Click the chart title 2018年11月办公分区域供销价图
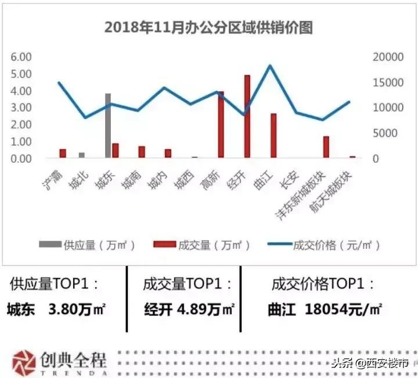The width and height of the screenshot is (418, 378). point(208,27)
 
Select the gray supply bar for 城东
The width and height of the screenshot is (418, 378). point(108,126)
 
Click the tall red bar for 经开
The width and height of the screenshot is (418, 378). point(247,116)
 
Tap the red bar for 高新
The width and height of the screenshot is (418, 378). point(221,124)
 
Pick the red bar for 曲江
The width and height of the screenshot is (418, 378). point(273,135)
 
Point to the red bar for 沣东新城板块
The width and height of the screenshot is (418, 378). point(326,147)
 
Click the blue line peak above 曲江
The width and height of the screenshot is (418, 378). point(270,66)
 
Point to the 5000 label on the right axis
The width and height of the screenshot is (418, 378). point(385,134)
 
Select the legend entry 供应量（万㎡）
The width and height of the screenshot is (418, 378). point(88,245)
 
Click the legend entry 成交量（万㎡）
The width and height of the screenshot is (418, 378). point(203,245)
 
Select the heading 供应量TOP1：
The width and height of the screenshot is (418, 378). point(55,284)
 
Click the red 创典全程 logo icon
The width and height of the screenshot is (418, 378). point(24,362)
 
